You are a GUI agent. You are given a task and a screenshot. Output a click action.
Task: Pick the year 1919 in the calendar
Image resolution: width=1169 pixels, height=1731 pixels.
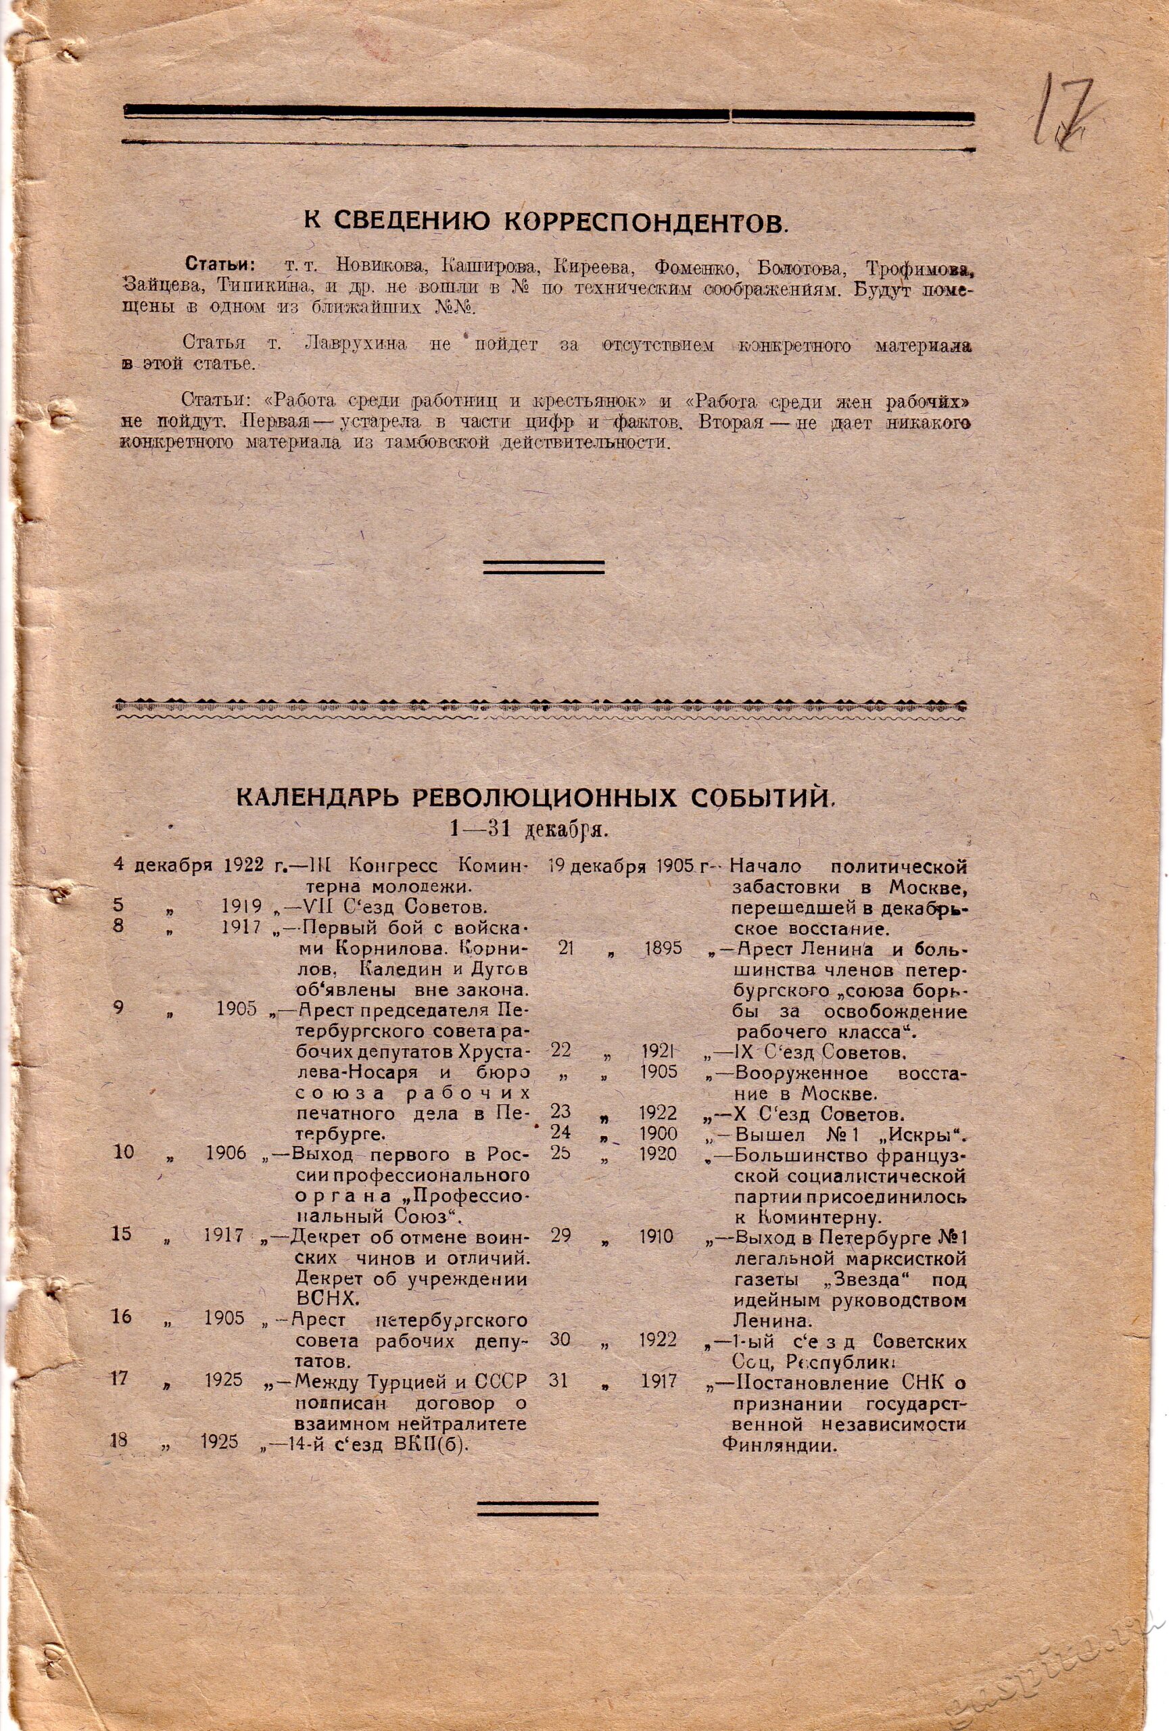click(241, 907)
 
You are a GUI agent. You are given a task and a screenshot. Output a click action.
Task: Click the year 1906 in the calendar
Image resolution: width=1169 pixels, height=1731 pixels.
click(226, 1154)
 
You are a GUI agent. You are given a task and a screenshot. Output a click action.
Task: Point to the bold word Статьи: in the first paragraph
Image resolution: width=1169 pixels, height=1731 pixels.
click(220, 265)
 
